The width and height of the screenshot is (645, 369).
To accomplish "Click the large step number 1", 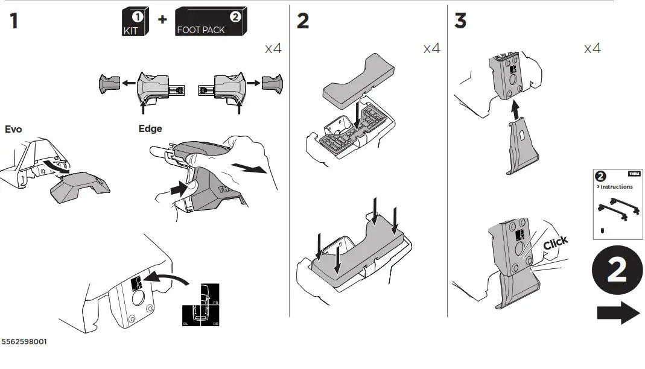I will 13,21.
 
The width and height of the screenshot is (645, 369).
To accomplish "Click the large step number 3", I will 460,21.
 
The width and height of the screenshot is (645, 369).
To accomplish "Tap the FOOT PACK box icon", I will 211,23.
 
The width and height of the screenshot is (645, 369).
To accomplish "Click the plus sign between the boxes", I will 162,19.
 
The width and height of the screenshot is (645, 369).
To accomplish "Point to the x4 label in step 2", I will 431,48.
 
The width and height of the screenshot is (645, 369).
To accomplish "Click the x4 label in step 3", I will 592,48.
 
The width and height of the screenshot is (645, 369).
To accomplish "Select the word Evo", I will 14,129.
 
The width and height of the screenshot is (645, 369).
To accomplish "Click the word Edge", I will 150,129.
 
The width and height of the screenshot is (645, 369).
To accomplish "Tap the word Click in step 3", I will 555,243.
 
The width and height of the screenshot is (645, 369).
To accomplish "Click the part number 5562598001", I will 24,342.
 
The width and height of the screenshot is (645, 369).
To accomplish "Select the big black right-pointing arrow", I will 618,313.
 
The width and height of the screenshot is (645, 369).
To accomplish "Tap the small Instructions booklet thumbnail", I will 618,204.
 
